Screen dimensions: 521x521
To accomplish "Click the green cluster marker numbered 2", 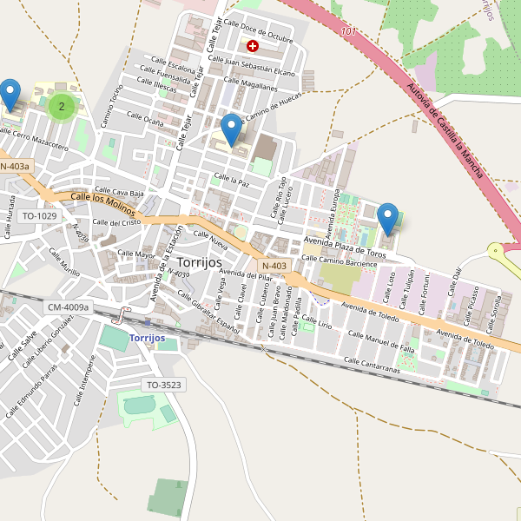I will coord(61,107).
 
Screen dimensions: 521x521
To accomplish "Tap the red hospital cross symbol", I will coord(253,45).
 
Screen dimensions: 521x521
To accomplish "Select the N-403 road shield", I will coord(274,266).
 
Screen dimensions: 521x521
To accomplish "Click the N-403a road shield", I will coord(15,166).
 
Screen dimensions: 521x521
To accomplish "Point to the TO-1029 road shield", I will coord(39,215).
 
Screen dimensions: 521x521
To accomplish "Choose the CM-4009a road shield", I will coord(68,307).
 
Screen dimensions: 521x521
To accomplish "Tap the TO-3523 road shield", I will coord(163,384).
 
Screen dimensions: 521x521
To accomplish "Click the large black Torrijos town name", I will coord(199,261).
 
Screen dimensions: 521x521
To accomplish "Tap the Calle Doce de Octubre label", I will coord(258,30).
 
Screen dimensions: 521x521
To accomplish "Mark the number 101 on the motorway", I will coord(349,31).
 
